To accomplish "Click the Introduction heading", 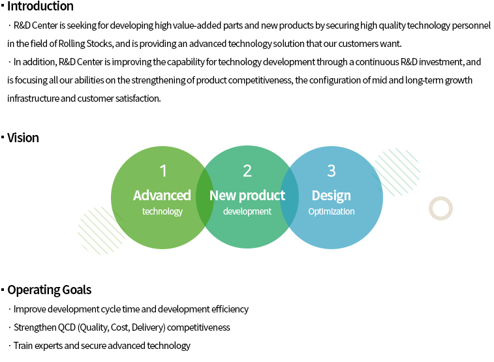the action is (x=40, y=6).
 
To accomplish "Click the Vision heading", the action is (x=23, y=138).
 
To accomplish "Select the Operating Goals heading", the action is (x=50, y=290).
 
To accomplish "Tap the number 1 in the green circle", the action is (x=163, y=171).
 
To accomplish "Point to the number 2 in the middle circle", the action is (x=247, y=171).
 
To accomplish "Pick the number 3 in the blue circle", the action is (x=332, y=171).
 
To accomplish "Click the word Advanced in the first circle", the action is (x=162, y=195).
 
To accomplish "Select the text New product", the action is (x=247, y=196).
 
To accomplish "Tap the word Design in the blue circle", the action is (x=331, y=196).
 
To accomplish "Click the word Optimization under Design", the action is (x=332, y=211).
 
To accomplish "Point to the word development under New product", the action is (x=247, y=211).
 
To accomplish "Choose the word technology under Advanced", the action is (x=162, y=211).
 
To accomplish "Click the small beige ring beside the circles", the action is (x=440, y=199).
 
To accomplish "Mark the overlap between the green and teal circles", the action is (x=205, y=198).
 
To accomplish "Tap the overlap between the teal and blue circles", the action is (x=289, y=198).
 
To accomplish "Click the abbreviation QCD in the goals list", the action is (x=67, y=327).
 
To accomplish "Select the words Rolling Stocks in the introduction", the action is (x=85, y=44).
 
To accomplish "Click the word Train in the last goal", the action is (x=23, y=346).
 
